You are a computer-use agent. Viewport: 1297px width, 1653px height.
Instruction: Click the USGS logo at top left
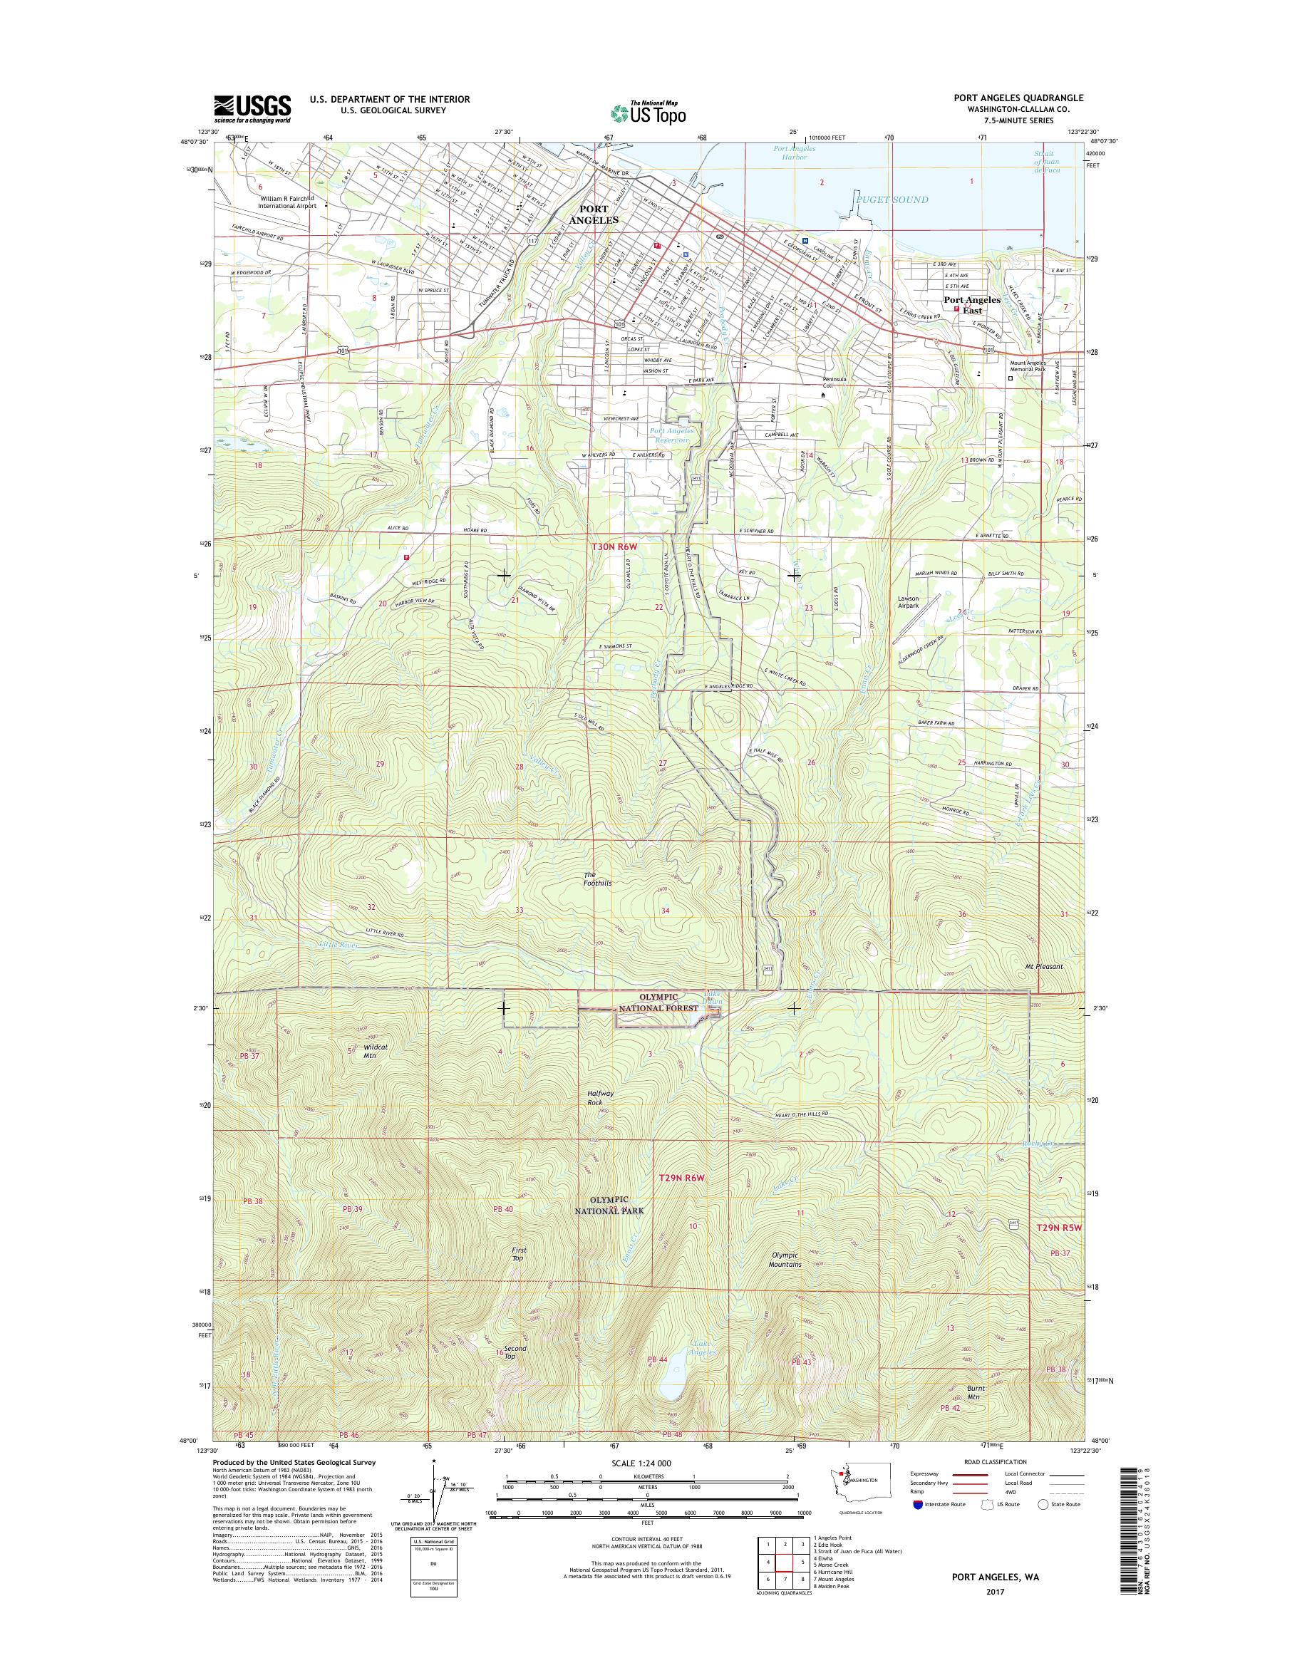pos(252,108)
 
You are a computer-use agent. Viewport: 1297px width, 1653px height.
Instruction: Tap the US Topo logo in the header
pos(648,113)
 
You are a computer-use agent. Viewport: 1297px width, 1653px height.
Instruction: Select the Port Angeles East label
pos(972,305)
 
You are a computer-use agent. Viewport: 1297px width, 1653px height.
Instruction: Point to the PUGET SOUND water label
pos(892,199)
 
